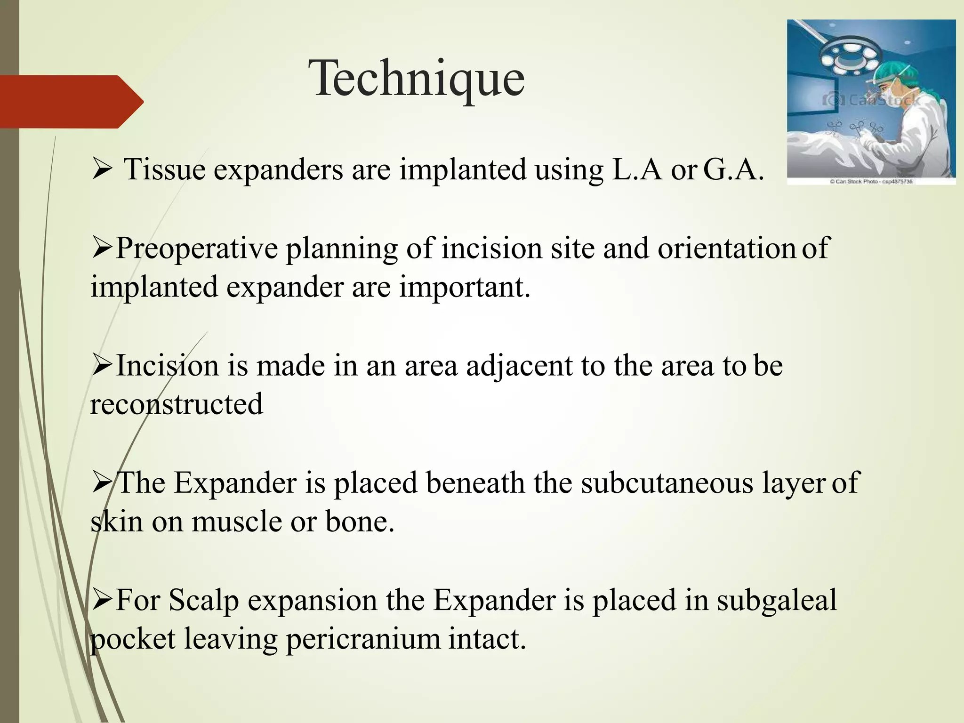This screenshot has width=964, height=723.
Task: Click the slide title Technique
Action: coord(417,79)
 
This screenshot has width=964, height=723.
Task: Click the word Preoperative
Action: coord(197,249)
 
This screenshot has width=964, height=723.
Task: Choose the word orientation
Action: coord(726,249)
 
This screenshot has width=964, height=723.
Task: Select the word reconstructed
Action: coord(177,404)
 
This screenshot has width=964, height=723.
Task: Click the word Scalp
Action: coord(203,601)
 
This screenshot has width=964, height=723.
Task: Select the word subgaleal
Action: coord(777,601)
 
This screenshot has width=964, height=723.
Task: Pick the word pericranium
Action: coord(363,640)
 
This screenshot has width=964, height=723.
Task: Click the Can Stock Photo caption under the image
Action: coord(871,181)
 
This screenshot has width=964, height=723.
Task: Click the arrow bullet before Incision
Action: coord(101,365)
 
